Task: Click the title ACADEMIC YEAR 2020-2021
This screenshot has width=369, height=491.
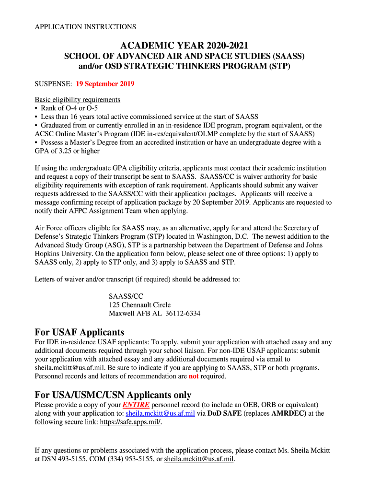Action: pos(184,46)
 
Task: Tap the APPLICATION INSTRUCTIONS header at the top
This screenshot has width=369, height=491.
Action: pos(85,27)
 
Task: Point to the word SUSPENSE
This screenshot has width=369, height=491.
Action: pos(52,84)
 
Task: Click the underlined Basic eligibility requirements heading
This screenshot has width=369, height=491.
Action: pos(77,100)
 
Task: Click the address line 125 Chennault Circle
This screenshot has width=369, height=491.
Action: pos(139,305)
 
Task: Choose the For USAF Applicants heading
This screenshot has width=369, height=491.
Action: pos(80,332)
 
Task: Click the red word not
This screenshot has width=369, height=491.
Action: pos(194,376)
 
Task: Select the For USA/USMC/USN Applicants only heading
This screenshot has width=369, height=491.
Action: pos(113,395)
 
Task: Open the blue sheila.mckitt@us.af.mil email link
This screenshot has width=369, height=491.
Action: pos(160,413)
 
